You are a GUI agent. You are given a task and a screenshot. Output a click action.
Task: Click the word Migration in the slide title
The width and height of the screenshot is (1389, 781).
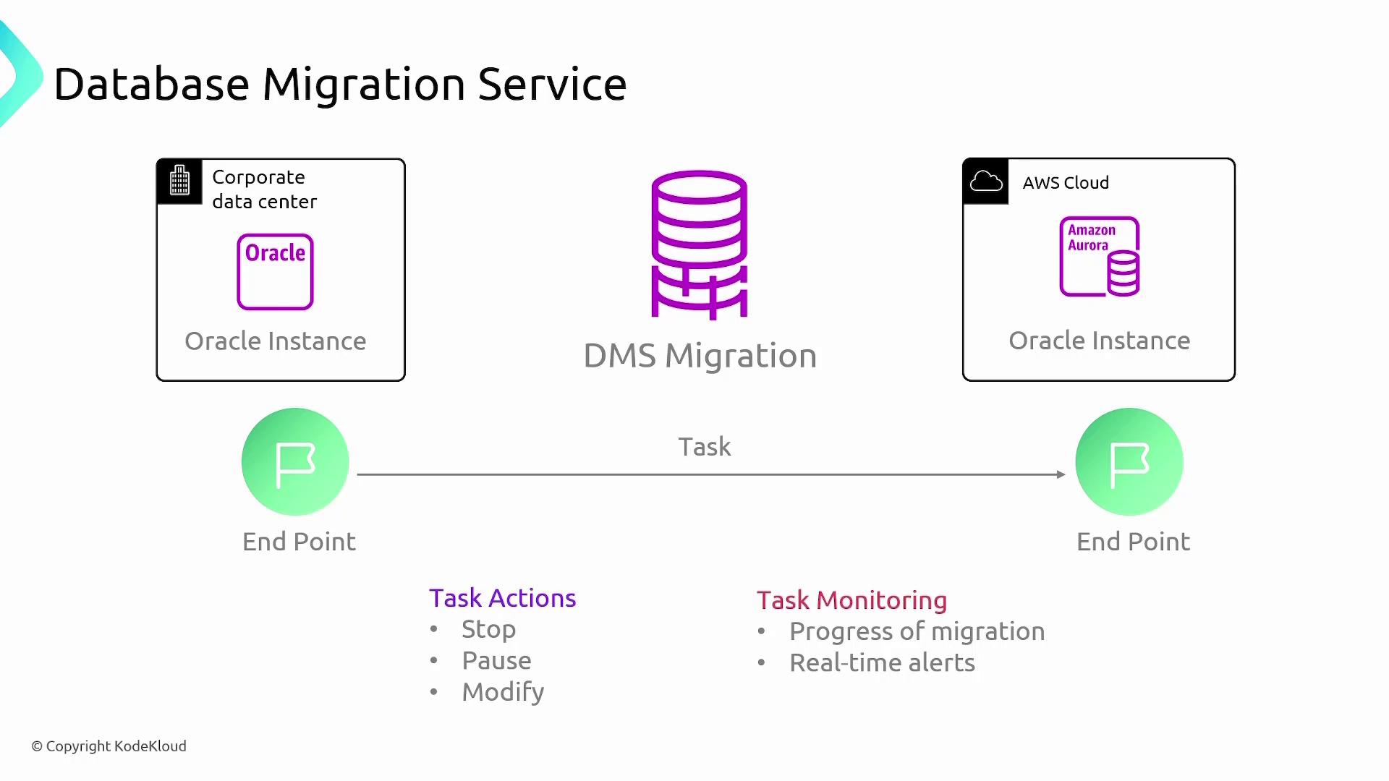[363, 85]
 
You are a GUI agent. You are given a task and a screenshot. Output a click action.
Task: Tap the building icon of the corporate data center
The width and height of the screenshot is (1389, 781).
[179, 181]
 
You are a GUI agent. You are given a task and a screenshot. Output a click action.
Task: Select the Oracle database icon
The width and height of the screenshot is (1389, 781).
[275, 272]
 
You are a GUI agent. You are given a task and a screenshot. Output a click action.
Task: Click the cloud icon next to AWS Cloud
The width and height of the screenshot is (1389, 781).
[985, 181]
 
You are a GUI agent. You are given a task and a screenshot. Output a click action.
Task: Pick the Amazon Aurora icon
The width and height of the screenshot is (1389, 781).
[1100, 257]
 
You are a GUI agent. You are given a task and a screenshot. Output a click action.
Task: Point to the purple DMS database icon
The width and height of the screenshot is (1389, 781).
[699, 244]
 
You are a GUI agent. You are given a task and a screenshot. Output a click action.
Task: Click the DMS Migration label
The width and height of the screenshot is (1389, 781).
[700, 356]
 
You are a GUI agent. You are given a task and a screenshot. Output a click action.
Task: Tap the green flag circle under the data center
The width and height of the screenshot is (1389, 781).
[295, 462]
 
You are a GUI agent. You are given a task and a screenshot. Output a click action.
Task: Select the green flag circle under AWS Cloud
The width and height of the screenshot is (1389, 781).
[1129, 462]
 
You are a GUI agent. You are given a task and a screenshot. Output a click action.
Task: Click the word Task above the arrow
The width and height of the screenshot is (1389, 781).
[704, 447]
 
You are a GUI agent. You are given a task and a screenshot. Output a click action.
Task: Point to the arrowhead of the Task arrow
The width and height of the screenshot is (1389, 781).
[1061, 474]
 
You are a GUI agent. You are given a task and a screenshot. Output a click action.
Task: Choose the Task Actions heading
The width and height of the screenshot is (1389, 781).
[502, 598]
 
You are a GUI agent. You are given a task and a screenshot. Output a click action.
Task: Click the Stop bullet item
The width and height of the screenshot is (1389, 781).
[488, 629]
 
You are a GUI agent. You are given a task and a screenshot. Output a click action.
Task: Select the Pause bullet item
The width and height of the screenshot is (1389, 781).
[496, 660]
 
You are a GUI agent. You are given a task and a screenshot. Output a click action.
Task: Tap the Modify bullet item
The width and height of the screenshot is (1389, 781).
[503, 692]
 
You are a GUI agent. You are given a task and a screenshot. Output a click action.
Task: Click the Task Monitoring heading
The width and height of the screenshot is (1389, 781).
[851, 600]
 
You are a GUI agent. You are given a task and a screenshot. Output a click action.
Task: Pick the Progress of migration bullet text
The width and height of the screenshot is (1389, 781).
[917, 631]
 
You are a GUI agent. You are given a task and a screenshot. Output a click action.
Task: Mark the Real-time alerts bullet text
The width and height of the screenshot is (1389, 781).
[882, 662]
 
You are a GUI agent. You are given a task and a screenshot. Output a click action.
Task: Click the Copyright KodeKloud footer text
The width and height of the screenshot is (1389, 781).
[109, 746]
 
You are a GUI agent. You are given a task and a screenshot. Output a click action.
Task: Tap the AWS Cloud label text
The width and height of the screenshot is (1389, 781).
[1066, 183]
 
